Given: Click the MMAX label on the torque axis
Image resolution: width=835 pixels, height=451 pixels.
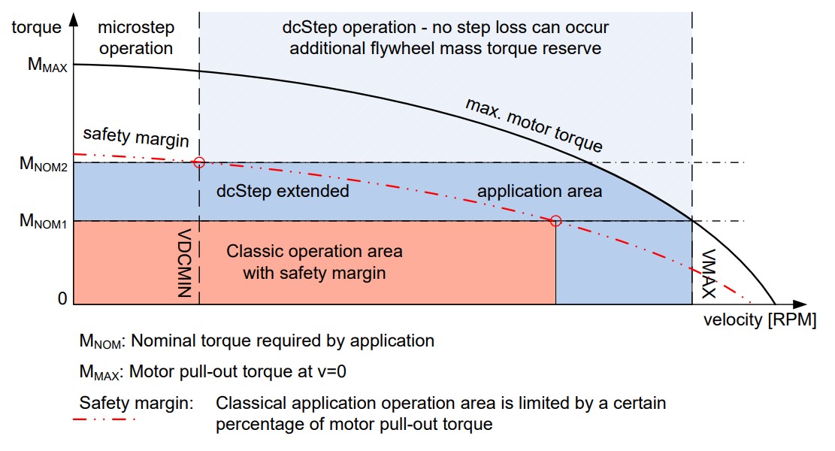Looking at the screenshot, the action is coord(47,65).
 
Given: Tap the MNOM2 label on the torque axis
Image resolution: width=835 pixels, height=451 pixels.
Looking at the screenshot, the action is coord(44,163).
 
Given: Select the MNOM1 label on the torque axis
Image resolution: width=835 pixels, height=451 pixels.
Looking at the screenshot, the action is coord(43,221).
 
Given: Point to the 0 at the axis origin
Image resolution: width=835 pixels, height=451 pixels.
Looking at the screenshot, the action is coord(62,298).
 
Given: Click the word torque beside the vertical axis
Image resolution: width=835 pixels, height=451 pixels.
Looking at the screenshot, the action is coord(36,27).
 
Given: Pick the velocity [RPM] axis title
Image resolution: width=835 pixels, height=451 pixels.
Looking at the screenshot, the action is coord(760,320).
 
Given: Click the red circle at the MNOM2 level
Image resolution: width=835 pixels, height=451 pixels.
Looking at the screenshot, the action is coord(199,162).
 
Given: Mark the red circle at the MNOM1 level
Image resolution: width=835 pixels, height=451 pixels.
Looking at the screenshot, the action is coord(555,220).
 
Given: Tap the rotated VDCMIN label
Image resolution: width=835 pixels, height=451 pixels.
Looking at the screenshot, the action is coord(183,263).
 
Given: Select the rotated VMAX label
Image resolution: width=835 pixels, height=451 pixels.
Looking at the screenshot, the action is coord(708,274).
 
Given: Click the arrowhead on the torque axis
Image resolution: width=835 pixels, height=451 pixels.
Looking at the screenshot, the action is coord(74,20).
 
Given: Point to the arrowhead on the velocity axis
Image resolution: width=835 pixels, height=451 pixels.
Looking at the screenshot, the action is coord(800,304).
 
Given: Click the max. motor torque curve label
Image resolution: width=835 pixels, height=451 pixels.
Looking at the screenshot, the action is coord(534,125).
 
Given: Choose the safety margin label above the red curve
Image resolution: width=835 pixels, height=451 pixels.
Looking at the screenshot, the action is coord(136,137).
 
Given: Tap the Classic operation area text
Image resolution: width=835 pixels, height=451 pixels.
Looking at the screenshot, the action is coord(314,251).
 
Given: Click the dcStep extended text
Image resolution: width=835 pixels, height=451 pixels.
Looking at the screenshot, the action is coord(283,191).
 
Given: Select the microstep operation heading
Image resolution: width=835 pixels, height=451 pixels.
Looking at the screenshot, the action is coord(136,38).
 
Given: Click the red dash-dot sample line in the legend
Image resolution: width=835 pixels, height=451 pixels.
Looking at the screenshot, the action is coord(104,419).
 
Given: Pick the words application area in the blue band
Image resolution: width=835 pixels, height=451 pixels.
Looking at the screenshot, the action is coord(540,191).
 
